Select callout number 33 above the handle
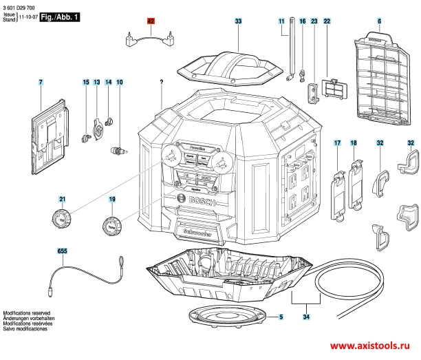pos(238,23)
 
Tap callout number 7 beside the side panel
pos(41,83)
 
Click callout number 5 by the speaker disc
pos(280,317)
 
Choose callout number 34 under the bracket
pos(305,317)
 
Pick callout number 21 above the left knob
pos(62,200)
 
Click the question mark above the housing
pos(160,83)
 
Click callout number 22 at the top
pos(327,23)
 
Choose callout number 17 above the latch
pos(337,142)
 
